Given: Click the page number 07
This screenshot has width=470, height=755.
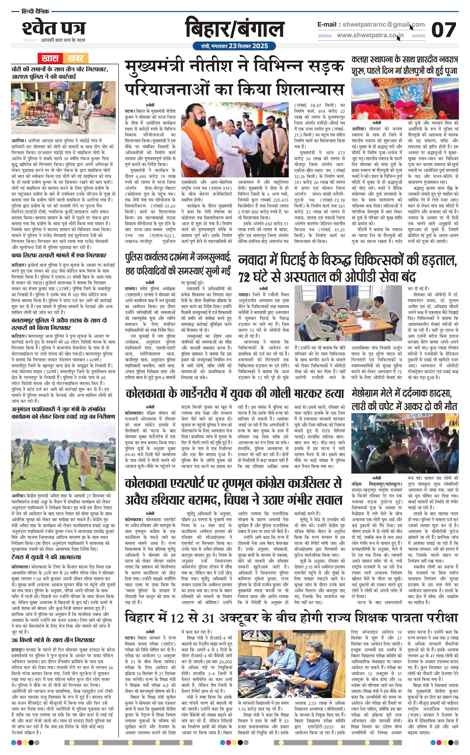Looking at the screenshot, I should click(444, 30).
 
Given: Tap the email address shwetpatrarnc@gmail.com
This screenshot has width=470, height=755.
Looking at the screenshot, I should click(383, 25).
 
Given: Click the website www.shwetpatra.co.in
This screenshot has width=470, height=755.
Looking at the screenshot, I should click(370, 35).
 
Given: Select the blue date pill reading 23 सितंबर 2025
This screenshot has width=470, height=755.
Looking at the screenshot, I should click(234, 46).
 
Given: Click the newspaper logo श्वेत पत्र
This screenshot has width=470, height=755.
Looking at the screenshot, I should click(54, 28).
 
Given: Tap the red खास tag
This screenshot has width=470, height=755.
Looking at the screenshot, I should click(50, 58).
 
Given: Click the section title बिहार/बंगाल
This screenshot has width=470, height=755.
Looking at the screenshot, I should click(235, 29).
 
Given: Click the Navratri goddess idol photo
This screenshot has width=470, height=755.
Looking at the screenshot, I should click(405, 99).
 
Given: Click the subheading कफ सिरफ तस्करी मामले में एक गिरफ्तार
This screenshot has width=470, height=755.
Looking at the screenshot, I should click(59, 256).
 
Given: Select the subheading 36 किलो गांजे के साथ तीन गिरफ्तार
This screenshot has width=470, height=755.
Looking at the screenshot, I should click(53, 631).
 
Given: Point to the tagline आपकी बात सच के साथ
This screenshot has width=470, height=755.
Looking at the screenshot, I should click(63, 40).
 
